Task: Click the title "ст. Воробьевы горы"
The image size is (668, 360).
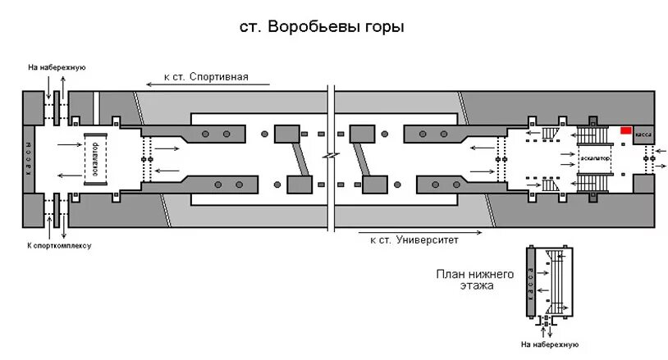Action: tap(322, 28)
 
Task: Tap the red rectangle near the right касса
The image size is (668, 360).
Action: tap(626, 130)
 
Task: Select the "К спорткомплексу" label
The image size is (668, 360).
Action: tap(59, 245)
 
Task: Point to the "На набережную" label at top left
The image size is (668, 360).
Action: tap(57, 67)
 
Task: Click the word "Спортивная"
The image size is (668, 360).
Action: tap(218, 76)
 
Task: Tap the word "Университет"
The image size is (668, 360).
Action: tap(427, 241)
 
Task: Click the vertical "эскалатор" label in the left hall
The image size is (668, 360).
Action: tap(95, 157)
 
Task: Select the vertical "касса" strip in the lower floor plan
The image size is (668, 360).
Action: tap(531, 284)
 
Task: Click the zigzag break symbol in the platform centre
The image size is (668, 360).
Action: tap(329, 156)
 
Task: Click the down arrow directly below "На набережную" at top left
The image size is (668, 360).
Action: tap(48, 84)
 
